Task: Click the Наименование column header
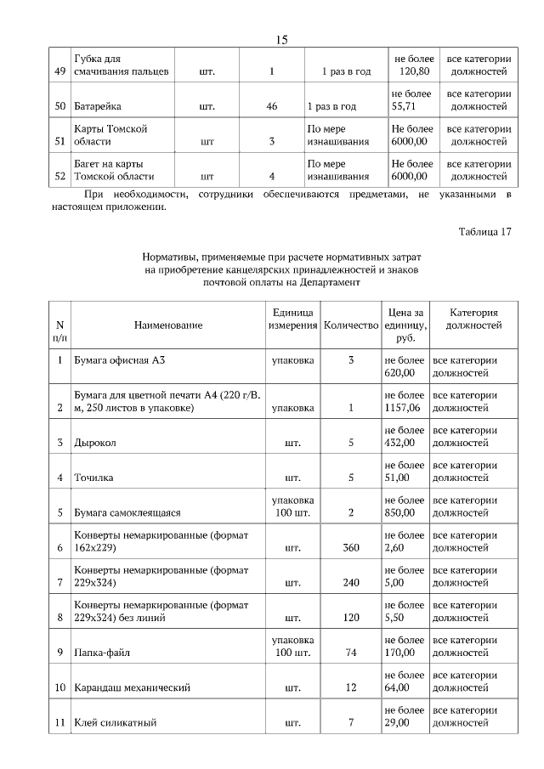167,326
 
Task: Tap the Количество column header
351,326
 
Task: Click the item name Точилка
94,478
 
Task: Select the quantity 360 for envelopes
351,548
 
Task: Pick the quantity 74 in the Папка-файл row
351,653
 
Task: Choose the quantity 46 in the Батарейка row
271,107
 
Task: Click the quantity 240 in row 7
351,583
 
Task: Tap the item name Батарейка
98,107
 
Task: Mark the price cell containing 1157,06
404,402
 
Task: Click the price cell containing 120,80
411,65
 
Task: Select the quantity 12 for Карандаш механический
351,687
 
